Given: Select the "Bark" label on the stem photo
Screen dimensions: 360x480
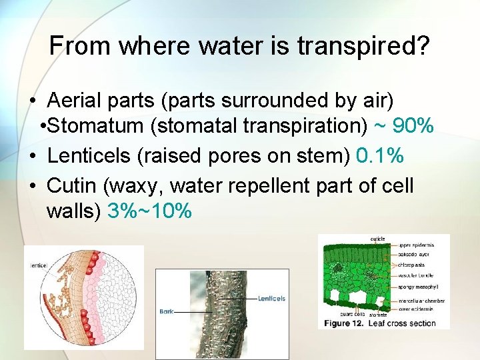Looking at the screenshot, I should point(167,311).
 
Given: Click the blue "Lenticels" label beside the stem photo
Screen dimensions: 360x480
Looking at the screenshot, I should point(271,298).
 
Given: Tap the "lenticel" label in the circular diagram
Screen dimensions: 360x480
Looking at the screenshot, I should point(37,265).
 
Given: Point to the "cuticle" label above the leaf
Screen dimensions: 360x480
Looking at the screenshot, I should point(377,239).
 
